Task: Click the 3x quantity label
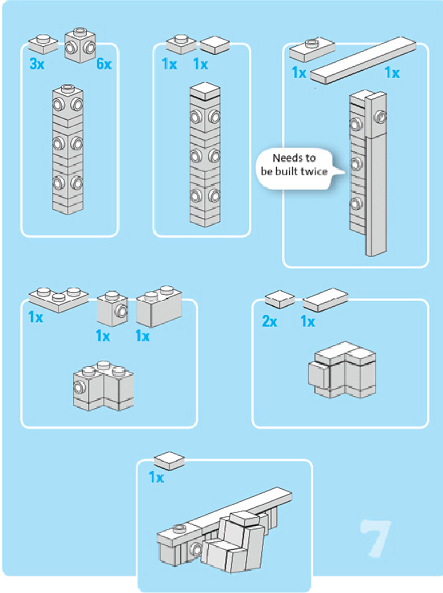pyautogui.click(x=37, y=63)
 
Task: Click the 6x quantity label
pyautogui.click(x=104, y=63)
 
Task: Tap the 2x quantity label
pyautogui.click(x=269, y=321)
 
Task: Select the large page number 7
pyautogui.click(x=376, y=539)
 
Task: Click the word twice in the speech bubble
pyautogui.click(x=314, y=171)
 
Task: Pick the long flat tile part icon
pyautogui.click(x=362, y=60)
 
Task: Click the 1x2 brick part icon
pyautogui.click(x=159, y=307)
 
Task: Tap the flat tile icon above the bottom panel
pyautogui.click(x=169, y=460)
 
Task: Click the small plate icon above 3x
pyautogui.click(x=43, y=43)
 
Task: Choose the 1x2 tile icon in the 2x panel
pyautogui.click(x=325, y=299)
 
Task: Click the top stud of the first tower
pyautogui.click(x=68, y=86)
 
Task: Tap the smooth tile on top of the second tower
pyautogui.click(x=205, y=91)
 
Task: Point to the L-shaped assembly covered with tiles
pyautogui.click(x=342, y=370)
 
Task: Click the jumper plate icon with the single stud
pyautogui.click(x=312, y=49)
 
